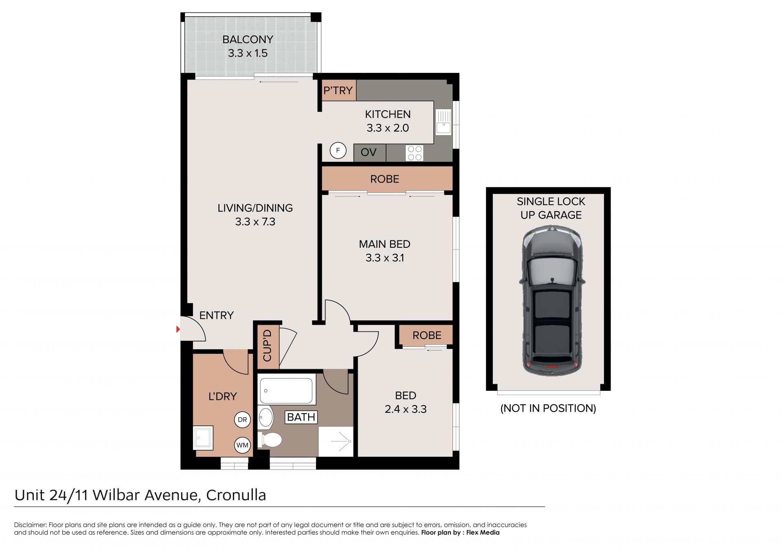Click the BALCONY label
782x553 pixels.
click(248, 40)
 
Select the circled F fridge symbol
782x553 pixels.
click(338, 150)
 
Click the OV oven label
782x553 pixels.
click(369, 152)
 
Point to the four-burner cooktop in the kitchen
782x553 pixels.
click(415, 153)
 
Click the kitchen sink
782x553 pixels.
click(444, 122)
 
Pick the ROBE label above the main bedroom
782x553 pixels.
click(384, 179)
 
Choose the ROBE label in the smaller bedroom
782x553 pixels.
click(427, 335)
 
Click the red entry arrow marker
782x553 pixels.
click(178, 329)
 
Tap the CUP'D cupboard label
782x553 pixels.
click(267, 346)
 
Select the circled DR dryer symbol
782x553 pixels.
click(242, 420)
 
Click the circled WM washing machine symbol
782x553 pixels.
click(242, 445)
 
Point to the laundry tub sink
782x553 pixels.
click(203, 438)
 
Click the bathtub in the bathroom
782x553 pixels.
click(287, 390)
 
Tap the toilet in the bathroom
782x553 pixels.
click(270, 440)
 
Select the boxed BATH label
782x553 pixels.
click(301, 417)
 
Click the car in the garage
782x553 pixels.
click(552, 301)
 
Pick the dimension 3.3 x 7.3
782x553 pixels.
click(255, 222)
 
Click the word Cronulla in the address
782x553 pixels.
click(236, 495)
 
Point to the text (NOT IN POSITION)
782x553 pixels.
click(548, 408)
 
